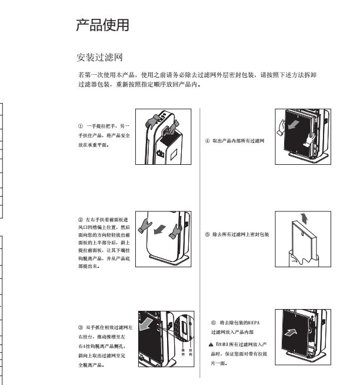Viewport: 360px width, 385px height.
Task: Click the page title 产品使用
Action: coord(103,25)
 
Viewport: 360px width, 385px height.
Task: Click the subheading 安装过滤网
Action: coord(99,58)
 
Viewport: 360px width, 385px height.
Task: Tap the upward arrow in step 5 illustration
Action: coord(302,219)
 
